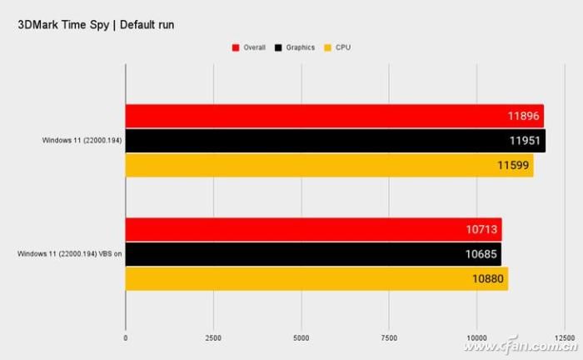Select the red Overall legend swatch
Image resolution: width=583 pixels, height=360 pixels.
(235, 47)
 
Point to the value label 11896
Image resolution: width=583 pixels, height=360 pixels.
(525, 117)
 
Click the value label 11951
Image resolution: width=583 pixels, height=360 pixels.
(526, 141)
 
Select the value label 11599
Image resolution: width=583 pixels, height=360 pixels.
(515, 165)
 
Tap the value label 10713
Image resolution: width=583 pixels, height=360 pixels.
(483, 230)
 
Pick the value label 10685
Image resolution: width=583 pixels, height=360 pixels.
(482, 254)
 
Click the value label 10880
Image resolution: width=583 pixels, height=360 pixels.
(489, 278)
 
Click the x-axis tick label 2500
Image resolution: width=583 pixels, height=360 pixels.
(213, 337)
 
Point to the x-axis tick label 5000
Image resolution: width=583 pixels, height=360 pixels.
(301, 337)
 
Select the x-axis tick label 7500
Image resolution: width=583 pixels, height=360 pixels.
(389, 337)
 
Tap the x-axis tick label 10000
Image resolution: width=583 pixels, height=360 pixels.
(477, 337)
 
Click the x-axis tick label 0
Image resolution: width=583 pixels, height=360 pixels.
(126, 337)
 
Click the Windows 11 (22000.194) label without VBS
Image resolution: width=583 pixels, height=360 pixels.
(82, 141)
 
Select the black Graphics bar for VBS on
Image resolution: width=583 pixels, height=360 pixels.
(312, 254)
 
